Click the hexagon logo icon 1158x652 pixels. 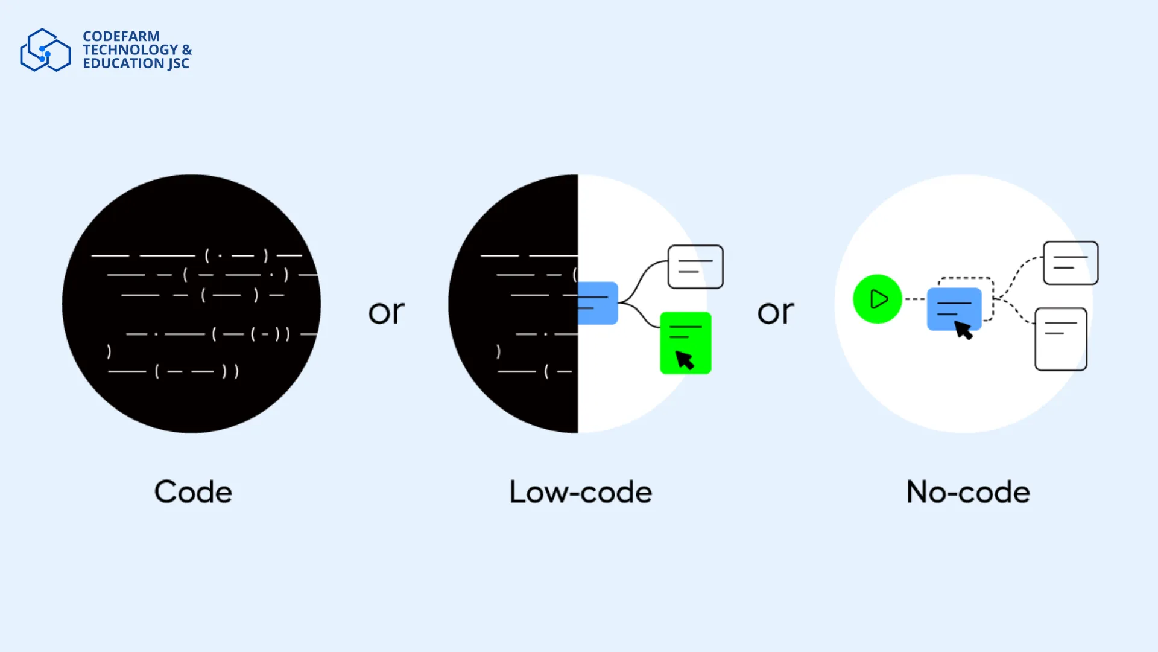(45, 50)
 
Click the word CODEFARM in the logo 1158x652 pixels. (121, 36)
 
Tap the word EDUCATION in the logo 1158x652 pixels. (123, 63)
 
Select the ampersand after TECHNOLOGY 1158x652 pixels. (187, 50)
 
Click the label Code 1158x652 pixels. (193, 492)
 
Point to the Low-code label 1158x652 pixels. (580, 492)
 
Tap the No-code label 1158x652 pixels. (968, 492)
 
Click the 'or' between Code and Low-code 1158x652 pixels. (387, 313)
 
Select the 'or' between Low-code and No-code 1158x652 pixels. (776, 313)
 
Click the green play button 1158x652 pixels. (878, 299)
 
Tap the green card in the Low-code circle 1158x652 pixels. (686, 343)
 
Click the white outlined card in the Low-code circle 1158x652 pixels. (695, 267)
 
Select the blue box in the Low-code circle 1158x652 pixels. (598, 303)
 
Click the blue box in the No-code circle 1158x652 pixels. (954, 309)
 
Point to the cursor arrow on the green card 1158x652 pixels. (685, 360)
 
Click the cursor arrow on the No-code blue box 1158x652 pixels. (963, 330)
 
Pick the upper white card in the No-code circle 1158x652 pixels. (1071, 263)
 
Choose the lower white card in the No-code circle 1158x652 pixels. (1061, 339)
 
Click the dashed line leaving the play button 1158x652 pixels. (914, 299)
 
